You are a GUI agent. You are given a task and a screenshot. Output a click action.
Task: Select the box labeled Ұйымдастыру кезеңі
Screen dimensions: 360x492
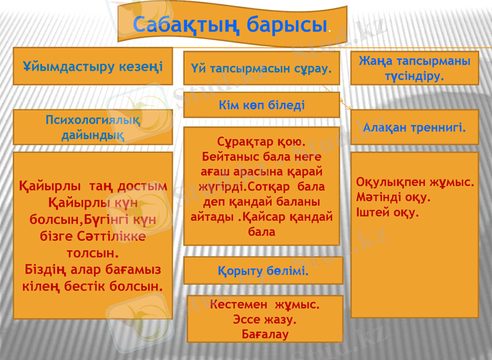(x=93, y=66)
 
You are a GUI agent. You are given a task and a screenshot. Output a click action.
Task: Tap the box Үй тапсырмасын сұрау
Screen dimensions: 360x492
(x=261, y=68)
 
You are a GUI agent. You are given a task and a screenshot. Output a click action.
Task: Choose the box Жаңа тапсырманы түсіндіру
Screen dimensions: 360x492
(x=414, y=68)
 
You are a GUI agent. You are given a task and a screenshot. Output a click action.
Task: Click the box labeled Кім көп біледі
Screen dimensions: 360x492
(x=261, y=105)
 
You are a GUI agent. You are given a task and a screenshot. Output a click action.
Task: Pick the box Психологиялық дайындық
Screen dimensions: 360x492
(x=93, y=127)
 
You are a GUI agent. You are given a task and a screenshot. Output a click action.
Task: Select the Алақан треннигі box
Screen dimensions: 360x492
(x=414, y=128)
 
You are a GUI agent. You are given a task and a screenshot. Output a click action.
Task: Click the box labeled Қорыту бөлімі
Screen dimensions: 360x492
(x=263, y=271)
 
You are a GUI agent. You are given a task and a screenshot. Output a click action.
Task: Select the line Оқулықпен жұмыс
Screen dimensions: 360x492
(x=415, y=183)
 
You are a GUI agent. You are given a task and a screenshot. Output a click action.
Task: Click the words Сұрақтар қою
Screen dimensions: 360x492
(x=261, y=142)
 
